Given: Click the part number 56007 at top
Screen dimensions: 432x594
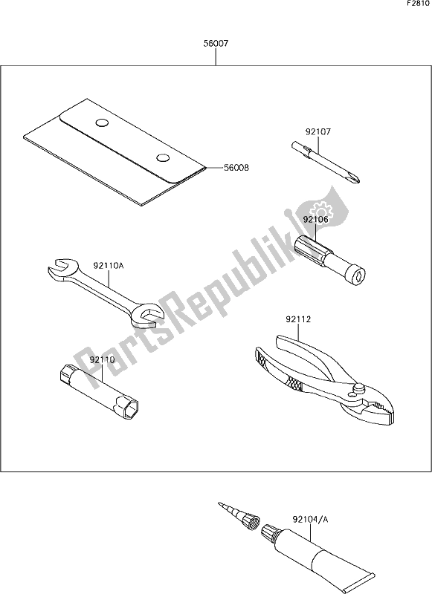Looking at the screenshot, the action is [216, 44].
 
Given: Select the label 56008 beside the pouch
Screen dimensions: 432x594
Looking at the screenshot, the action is [236, 168].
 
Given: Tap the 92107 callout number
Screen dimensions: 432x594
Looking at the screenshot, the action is [317, 132].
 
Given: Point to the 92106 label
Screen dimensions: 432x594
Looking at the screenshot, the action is [315, 219].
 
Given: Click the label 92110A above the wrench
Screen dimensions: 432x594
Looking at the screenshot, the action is [109, 266].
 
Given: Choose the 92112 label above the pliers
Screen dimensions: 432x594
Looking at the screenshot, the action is [298, 319].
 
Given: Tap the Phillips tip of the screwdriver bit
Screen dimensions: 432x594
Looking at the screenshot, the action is [354, 177].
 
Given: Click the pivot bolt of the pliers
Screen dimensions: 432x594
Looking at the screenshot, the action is [358, 388].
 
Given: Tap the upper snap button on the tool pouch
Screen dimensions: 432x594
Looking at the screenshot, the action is [102, 123].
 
